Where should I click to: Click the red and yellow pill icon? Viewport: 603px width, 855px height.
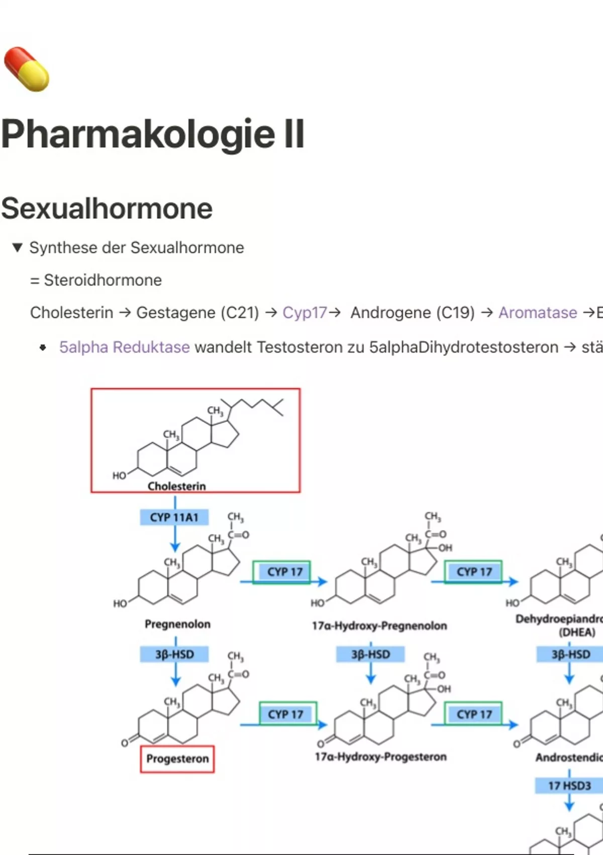[x=27, y=69]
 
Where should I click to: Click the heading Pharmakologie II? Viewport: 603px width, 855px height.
[x=153, y=134]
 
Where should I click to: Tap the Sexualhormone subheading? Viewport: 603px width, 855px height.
[x=107, y=208]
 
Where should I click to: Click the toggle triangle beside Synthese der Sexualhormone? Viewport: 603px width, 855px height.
[x=18, y=247]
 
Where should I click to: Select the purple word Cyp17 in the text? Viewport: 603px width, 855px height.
[x=305, y=313]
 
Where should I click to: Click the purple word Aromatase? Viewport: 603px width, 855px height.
[x=537, y=313]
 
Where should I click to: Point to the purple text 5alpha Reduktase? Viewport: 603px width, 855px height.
[x=124, y=347]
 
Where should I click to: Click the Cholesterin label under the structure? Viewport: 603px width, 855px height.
[x=176, y=486]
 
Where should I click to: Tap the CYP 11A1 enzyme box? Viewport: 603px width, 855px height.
[x=174, y=517]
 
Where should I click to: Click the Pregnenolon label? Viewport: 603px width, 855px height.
[x=177, y=624]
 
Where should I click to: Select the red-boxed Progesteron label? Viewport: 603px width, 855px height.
[x=177, y=758]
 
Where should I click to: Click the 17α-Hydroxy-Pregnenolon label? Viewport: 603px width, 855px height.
[x=379, y=626]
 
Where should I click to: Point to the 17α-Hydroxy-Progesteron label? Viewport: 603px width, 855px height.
[x=380, y=756]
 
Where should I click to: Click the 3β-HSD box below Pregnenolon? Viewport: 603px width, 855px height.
[x=174, y=654]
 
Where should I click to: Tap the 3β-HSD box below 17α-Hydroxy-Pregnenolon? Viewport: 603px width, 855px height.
[x=370, y=654]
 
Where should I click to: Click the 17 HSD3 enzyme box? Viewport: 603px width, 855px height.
[x=569, y=786]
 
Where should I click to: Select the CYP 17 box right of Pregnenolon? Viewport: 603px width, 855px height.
[x=284, y=572]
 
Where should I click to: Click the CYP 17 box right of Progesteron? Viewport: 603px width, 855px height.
[x=285, y=714]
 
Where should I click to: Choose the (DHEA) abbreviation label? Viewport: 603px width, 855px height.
[x=577, y=632]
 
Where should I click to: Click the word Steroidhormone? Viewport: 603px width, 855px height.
[x=103, y=280]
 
